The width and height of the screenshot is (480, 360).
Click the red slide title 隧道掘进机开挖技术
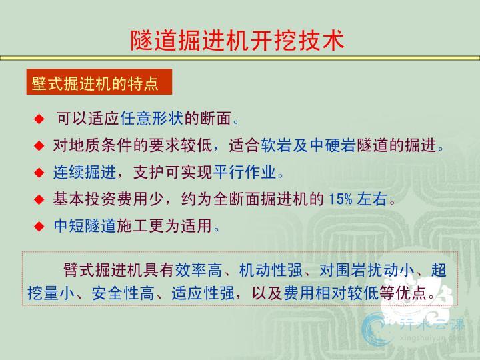point(237,40)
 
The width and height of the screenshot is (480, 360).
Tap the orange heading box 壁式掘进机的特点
point(99,82)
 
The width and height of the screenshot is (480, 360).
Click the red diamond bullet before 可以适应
point(39,119)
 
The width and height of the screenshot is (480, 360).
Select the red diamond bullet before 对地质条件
point(39,145)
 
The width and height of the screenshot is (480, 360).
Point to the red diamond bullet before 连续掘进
point(39,173)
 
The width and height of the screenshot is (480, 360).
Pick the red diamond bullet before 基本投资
point(39,199)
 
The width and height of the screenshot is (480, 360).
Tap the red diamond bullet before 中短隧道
point(39,226)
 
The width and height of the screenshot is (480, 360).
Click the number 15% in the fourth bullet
point(341,199)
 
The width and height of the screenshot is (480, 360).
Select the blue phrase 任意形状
point(152,119)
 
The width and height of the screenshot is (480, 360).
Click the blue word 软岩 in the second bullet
point(277,145)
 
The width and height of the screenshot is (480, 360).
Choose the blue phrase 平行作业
point(245,172)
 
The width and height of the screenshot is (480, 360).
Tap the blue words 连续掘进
point(85,172)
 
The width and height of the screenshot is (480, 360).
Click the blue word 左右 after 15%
point(372,199)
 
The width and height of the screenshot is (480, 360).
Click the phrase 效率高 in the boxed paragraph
point(199,270)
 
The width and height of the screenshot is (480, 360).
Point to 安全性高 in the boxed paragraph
point(123,293)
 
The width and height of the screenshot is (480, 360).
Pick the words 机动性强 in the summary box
point(271,270)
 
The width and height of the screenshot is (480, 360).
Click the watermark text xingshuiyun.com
point(431,337)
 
